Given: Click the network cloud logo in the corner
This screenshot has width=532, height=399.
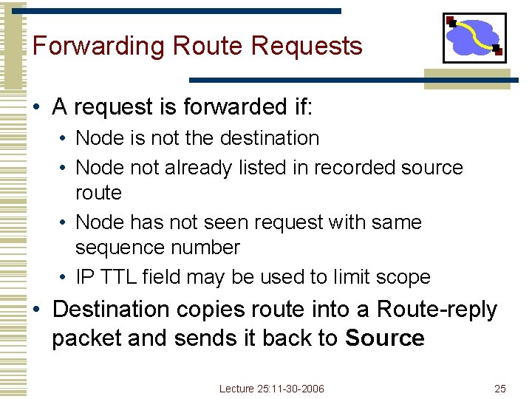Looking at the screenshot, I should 474,38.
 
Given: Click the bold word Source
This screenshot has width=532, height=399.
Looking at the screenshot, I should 384,339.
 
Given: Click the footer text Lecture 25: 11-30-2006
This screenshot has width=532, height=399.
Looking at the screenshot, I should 272,389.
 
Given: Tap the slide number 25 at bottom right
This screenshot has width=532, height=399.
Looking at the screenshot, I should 500,389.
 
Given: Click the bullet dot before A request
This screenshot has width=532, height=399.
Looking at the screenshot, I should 36,109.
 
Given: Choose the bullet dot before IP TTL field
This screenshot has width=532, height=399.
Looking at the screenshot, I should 64,278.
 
